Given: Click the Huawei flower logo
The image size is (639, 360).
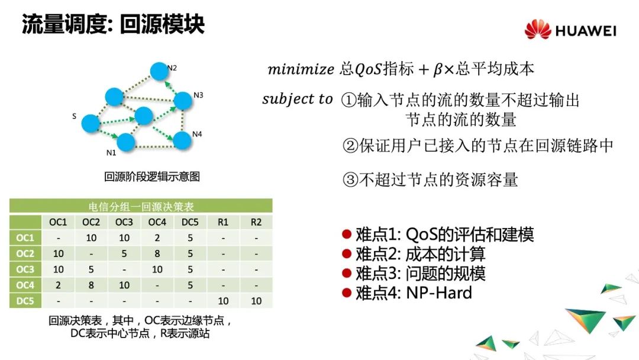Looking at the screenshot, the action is [x=537, y=30].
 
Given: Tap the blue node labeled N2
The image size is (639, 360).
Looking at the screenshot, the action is [x=160, y=71].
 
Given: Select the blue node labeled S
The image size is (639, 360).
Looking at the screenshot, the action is [x=91, y=123].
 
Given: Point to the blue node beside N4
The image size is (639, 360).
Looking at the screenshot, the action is [x=182, y=140].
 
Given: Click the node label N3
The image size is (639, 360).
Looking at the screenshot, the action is [x=198, y=95].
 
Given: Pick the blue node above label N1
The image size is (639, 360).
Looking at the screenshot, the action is [x=126, y=142].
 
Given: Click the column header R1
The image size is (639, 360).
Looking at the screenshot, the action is [x=223, y=222].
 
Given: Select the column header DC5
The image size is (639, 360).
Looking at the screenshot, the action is [x=190, y=222].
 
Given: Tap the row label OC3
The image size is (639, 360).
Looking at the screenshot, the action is [x=25, y=269].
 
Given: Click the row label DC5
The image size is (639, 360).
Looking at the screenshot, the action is [x=25, y=301].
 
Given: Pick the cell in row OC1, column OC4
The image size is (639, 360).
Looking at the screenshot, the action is [x=157, y=237].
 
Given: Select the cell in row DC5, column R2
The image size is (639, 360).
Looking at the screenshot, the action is [x=256, y=301].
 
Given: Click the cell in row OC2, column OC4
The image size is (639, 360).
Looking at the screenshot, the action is [x=157, y=253].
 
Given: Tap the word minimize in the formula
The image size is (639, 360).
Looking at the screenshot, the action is [x=301, y=69].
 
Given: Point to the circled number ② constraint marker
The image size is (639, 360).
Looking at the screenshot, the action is [x=350, y=146].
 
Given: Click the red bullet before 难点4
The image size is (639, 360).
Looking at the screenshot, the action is [x=347, y=292].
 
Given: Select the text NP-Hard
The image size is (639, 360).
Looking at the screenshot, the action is [x=439, y=292].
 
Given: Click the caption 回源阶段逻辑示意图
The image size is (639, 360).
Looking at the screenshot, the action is [x=152, y=176].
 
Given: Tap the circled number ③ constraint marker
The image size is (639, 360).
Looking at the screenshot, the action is [x=350, y=180].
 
